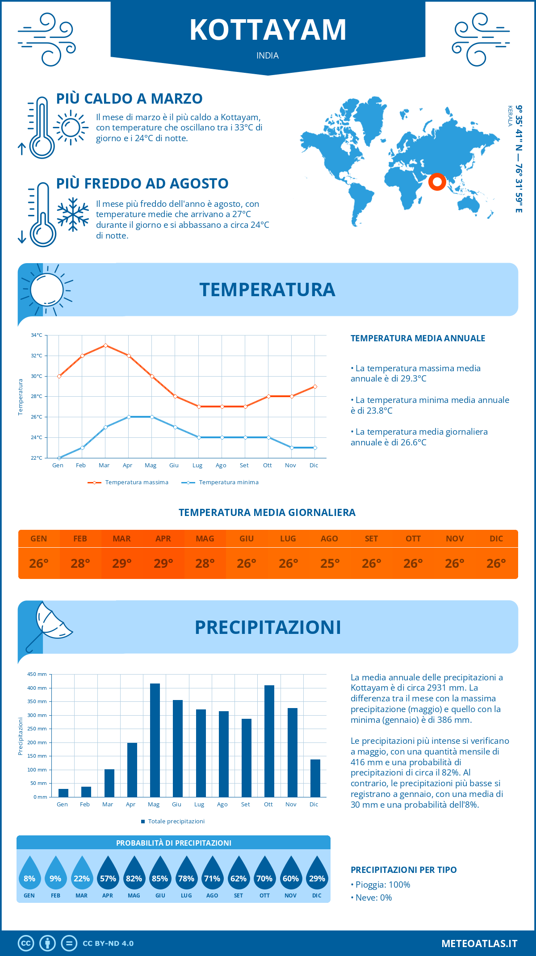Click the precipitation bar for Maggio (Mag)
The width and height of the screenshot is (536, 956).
coord(155,740)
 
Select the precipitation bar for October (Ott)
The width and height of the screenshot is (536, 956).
coord(269,741)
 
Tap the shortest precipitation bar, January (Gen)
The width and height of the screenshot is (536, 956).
coord(63,793)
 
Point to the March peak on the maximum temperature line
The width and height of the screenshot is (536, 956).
coord(105,345)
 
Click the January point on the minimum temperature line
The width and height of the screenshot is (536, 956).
coord(59,458)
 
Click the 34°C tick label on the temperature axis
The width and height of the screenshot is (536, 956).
coord(37,335)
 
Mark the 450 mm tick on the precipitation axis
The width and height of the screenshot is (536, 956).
coord(38,674)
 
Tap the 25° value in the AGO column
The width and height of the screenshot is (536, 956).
coord(330,563)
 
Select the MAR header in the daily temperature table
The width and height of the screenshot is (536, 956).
coord(121,539)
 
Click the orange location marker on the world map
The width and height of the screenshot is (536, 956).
coord(437,182)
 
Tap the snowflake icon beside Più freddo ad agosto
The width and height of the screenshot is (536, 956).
coord(73,214)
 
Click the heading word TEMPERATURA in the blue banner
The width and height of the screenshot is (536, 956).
coord(267,289)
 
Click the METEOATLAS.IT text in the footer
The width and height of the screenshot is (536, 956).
coord(479,943)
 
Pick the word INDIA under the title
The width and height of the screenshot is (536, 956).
coord(268,56)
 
